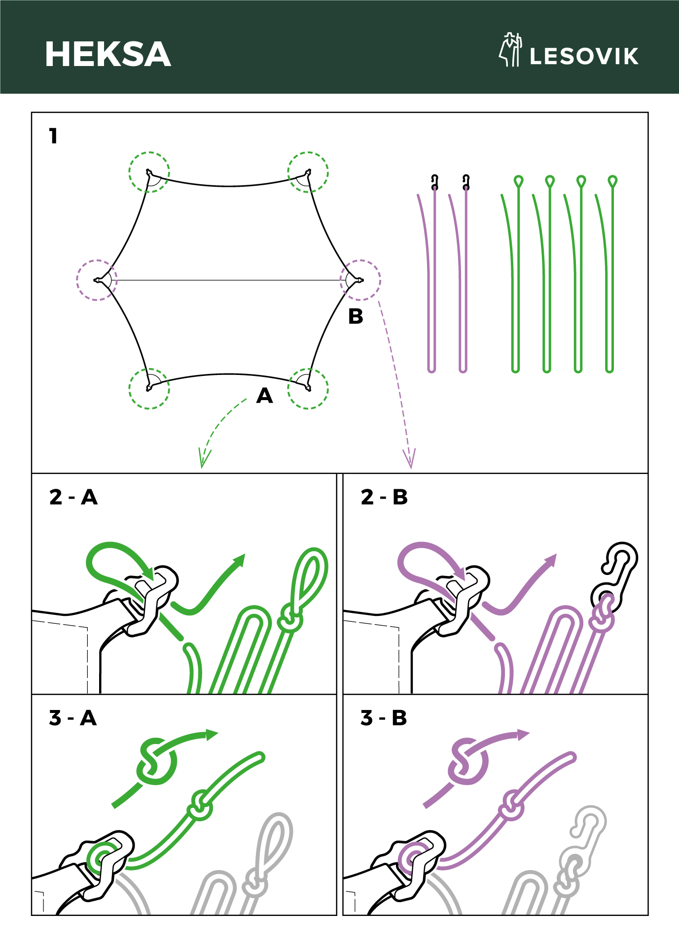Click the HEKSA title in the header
[108, 54]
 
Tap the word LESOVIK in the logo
[584, 56]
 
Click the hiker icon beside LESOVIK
[510, 49]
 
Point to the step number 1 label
[54, 136]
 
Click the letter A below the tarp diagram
[265, 396]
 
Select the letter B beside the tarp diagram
[356, 316]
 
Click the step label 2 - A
[73, 497]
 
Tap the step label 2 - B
[385, 497]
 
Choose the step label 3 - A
[73, 718]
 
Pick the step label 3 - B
[384, 718]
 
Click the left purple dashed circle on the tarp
[77, 280]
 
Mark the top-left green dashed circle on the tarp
[130, 172]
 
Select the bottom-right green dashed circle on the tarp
[328, 389]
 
